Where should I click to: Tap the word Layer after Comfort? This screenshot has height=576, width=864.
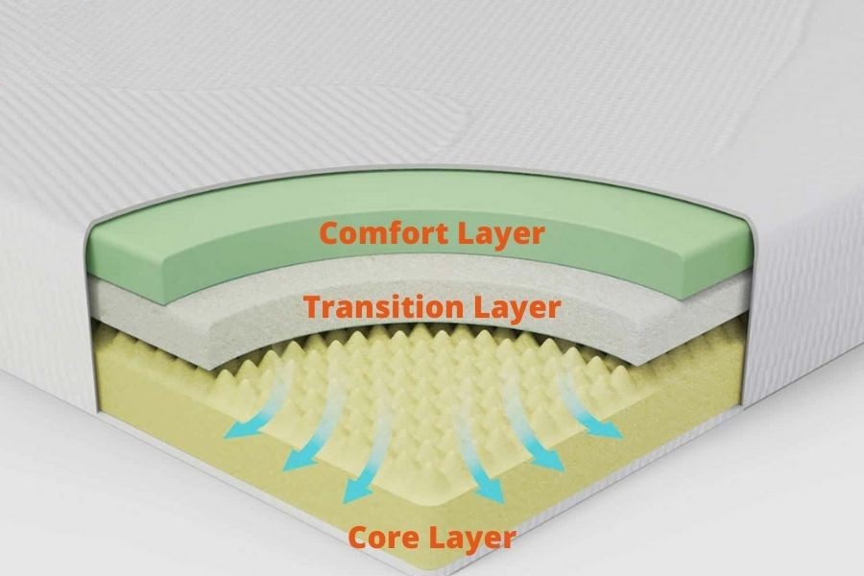coord(501,234)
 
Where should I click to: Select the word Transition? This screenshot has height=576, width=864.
coord(383,306)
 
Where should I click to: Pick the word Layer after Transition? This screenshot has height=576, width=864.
coord(517,309)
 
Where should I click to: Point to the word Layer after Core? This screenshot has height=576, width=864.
coord(471,538)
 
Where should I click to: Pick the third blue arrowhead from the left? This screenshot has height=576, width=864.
coord(358,489)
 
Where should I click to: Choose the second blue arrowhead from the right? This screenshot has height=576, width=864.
coord(547,459)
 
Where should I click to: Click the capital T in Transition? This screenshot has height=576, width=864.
coord(313,307)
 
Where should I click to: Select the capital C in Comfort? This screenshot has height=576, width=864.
coord(329,233)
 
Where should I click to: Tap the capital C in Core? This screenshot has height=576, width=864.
coord(359,538)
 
